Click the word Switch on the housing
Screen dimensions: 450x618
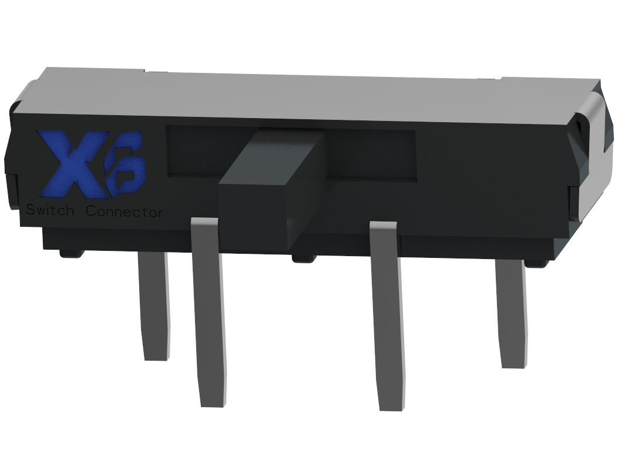click(x=49, y=210)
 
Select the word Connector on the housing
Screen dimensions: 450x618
click(x=124, y=211)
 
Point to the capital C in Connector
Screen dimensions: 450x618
click(x=92, y=211)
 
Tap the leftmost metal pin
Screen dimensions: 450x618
click(x=154, y=305)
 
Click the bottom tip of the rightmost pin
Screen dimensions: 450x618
click(x=515, y=364)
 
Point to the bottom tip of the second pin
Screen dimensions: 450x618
click(x=214, y=402)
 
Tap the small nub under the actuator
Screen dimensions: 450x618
click(x=304, y=257)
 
